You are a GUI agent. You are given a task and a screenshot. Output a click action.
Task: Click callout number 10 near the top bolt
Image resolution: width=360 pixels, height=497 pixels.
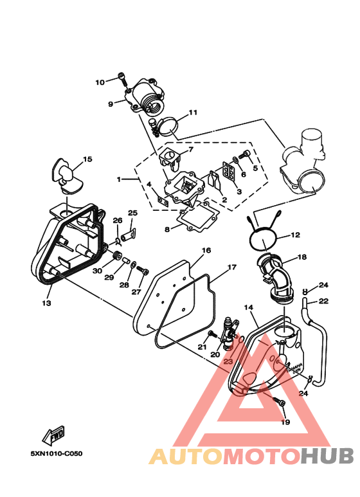click(100, 82)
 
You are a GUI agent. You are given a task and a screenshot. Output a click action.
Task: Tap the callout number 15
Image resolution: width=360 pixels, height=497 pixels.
click(87, 159)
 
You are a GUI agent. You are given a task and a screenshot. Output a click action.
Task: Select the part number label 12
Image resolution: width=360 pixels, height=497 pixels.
click(295, 235)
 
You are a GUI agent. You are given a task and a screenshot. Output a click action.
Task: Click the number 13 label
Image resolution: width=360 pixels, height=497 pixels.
click(46, 302)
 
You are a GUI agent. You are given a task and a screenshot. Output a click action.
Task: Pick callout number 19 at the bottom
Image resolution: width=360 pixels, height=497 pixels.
click(285, 422)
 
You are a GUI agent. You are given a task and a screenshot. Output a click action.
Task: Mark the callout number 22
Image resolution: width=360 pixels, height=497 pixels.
click(323, 301)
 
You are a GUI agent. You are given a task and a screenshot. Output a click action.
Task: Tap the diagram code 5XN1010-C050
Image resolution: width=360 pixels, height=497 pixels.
click(56, 453)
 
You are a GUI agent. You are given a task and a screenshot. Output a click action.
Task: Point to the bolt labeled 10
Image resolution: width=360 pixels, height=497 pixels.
click(122, 79)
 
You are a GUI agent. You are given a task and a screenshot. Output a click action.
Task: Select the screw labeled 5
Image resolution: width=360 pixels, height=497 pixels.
click(245, 155)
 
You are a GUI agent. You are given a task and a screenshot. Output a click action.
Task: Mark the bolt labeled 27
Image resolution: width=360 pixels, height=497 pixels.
click(142, 270)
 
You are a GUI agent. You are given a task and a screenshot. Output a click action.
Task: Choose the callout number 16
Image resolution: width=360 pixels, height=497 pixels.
click(206, 250)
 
